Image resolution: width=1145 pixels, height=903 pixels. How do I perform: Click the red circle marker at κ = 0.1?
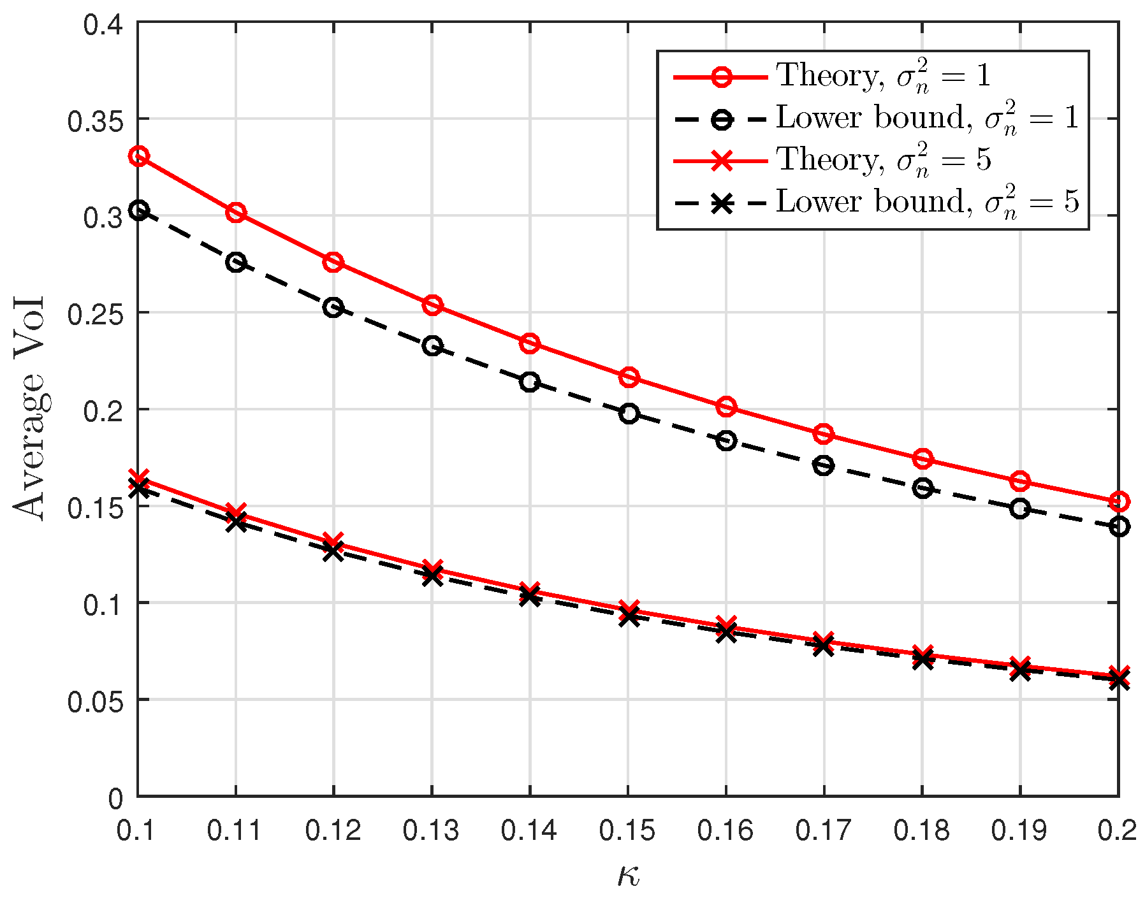point(139,156)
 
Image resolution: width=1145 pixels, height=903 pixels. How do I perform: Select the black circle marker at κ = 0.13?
point(432,346)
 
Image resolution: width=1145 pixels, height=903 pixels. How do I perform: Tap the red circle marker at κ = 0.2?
point(1119,502)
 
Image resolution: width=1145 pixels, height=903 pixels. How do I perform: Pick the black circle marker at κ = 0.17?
point(824,466)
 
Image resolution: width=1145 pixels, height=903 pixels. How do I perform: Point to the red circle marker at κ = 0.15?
point(629,377)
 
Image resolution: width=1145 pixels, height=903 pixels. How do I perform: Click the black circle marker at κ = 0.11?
point(236,263)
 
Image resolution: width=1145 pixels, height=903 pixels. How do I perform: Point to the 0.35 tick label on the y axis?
point(95,120)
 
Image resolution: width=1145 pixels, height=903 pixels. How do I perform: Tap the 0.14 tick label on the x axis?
point(529,831)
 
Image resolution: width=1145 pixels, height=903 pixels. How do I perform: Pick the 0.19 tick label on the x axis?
point(1019,831)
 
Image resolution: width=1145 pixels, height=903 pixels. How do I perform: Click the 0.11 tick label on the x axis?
point(235,831)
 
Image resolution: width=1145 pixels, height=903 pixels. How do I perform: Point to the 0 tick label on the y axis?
point(116,798)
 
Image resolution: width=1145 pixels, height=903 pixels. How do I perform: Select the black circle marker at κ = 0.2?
point(1119,526)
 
